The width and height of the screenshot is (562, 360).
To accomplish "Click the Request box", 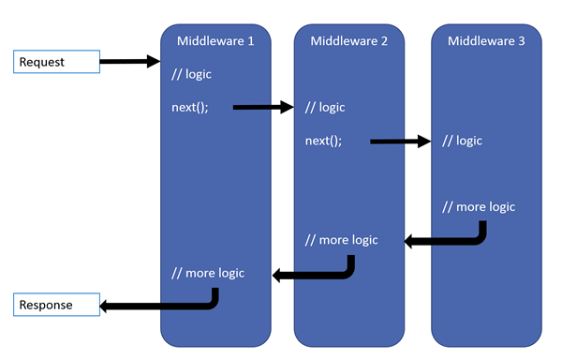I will click(x=56, y=62).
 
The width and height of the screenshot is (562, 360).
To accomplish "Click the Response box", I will click(x=56, y=305).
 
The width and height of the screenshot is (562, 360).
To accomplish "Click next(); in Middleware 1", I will click(x=190, y=107).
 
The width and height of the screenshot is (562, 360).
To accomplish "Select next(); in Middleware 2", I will click(x=324, y=141).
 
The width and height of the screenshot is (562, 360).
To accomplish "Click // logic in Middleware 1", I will click(x=192, y=74).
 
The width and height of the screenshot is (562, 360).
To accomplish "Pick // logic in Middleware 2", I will click(x=326, y=107).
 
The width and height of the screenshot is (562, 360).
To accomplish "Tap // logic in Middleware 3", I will click(x=462, y=141).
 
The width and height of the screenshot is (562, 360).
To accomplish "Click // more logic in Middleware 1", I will click(x=208, y=273).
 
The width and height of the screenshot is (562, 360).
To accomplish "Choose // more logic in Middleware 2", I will click(x=342, y=240).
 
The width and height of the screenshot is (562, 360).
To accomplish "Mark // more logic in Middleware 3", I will click(x=478, y=206).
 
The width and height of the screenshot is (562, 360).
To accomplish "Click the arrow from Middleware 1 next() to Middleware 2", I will click(x=262, y=107).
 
